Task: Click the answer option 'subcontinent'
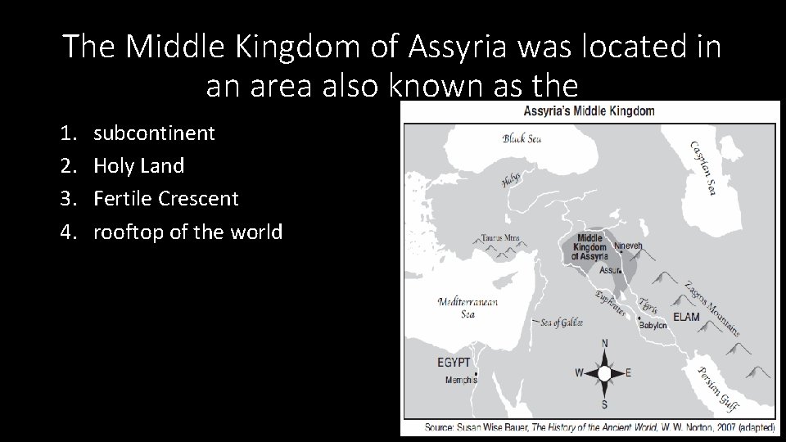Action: pos(154,133)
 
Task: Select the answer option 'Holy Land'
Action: pos(138,165)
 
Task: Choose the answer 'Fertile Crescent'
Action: pos(166,198)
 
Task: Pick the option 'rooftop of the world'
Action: pos(187,232)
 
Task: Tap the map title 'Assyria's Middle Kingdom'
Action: pos(589,110)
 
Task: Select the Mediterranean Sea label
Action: pos(468,307)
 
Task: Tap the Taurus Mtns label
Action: pos(499,239)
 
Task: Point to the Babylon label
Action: pos(653,325)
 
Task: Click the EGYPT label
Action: pos(453,362)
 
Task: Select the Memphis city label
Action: pos(460,380)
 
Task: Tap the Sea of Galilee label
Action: pos(562,322)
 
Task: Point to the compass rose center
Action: pos(604,373)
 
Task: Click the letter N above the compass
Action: pos(604,343)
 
